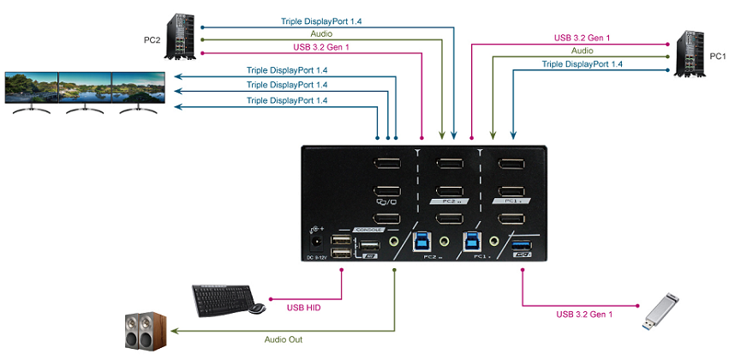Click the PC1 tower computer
coord(690,52)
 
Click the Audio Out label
coord(284,339)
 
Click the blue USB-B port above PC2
coord(424,241)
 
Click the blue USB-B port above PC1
coord(471,241)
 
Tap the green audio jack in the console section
coord(395,243)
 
